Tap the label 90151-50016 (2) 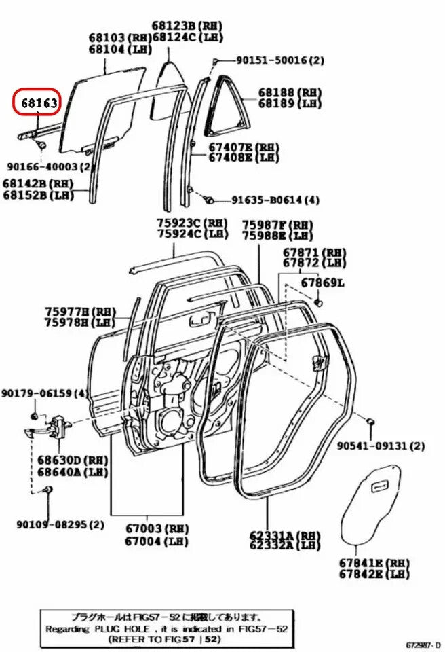279,60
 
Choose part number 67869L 323,282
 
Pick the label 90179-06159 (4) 44,393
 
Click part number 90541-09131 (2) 381,446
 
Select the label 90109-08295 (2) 60,524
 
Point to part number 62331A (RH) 285,535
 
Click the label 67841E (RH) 374,563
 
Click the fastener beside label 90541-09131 370,422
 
